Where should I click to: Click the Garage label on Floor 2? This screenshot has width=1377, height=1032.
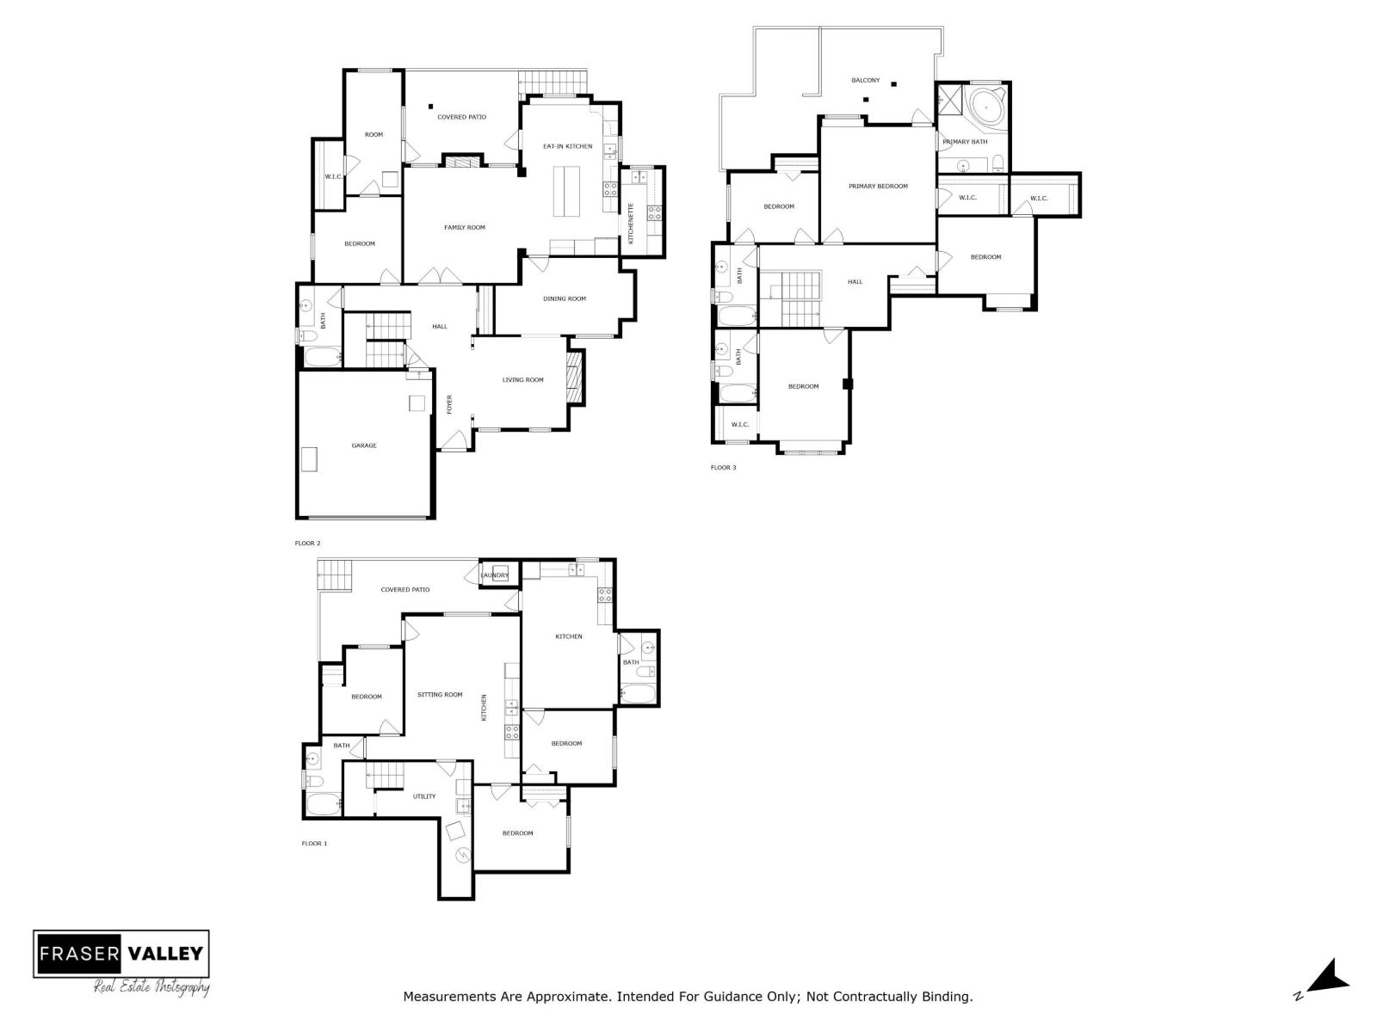(364, 445)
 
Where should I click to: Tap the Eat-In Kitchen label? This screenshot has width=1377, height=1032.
(567, 146)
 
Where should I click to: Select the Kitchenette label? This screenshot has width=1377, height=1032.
(631, 224)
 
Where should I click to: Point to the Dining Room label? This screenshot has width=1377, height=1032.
(565, 299)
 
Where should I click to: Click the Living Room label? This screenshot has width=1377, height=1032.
(523, 380)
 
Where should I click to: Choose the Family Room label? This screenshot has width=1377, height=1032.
(465, 228)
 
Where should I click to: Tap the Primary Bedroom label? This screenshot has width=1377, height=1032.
(878, 187)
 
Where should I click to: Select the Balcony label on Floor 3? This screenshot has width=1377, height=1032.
(866, 81)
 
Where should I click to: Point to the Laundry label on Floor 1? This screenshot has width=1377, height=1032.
(495, 575)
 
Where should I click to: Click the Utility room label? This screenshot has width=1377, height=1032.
(424, 796)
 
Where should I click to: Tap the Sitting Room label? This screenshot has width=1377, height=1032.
(440, 695)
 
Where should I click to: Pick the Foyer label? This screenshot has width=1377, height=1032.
(449, 404)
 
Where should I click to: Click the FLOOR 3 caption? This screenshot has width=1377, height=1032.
(723, 468)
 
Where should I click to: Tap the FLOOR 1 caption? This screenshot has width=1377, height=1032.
(314, 844)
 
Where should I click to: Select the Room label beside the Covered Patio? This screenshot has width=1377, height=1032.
(374, 135)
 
